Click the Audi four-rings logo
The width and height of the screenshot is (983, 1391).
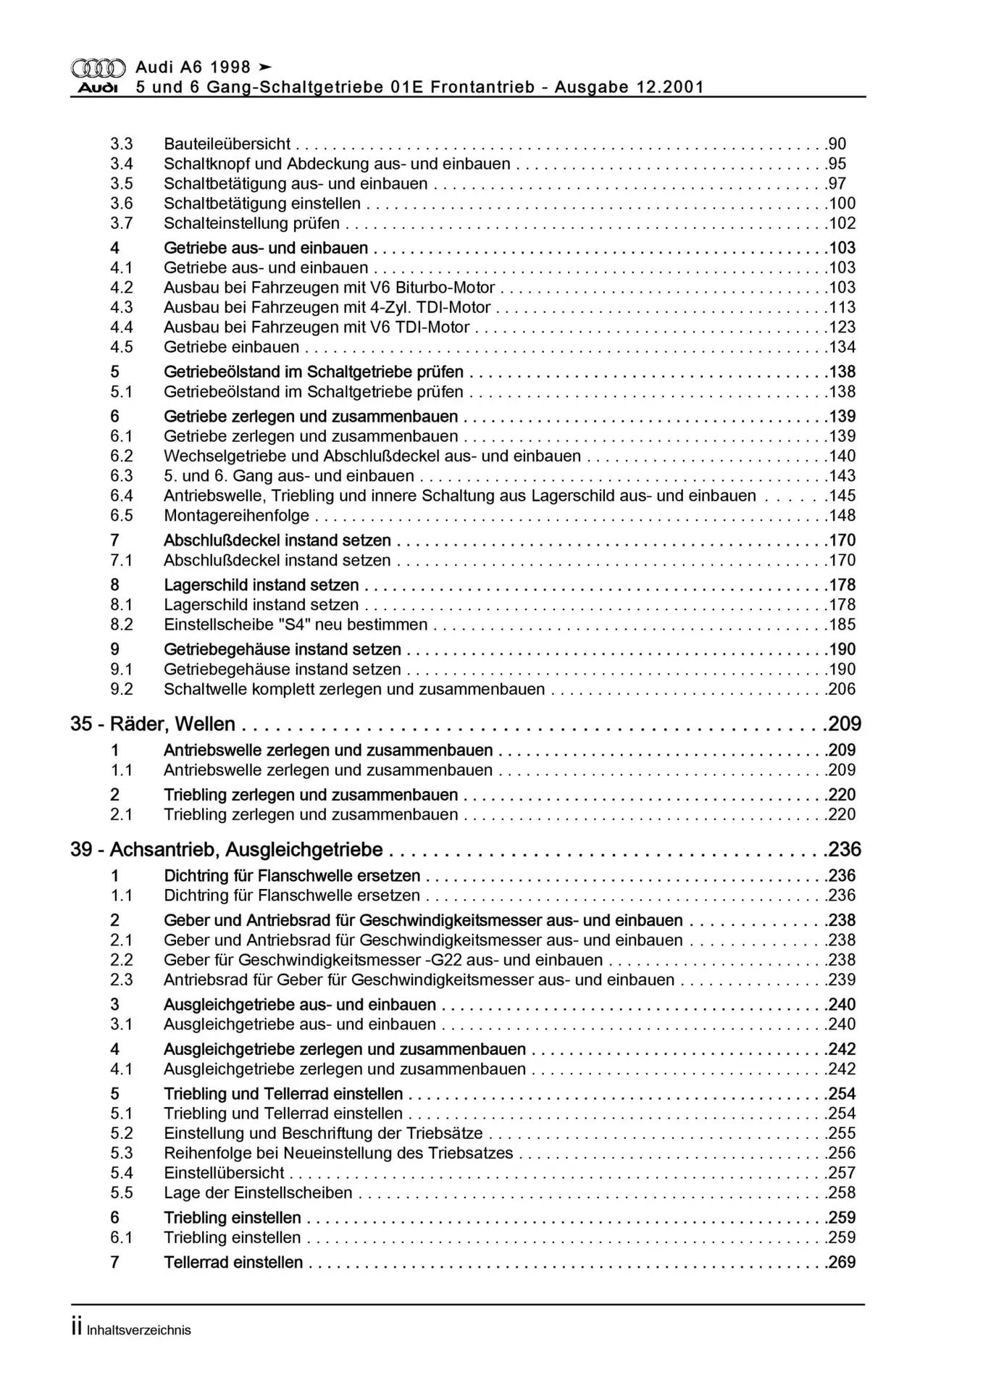click(98, 68)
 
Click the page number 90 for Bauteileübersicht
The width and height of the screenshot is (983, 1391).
click(837, 144)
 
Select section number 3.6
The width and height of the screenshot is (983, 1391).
click(122, 204)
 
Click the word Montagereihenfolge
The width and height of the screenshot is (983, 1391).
click(236, 516)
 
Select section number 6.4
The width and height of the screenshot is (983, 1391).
click(122, 496)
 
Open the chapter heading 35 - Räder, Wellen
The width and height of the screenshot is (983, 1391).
click(153, 724)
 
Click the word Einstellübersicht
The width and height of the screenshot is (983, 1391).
click(224, 1173)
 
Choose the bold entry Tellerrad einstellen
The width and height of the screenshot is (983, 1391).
click(233, 1262)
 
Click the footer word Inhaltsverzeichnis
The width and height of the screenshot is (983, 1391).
click(138, 1330)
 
